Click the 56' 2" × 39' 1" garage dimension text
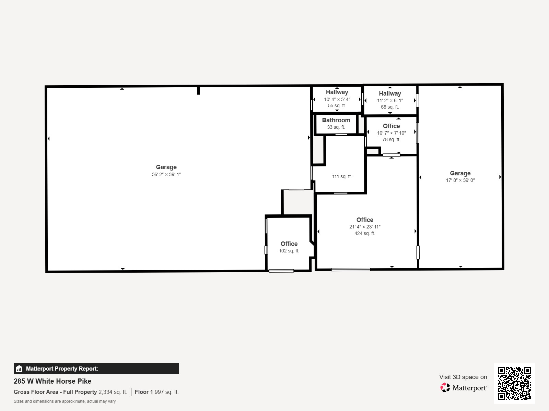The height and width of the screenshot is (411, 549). [166, 174]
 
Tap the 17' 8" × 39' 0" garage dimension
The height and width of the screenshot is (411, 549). [460, 180]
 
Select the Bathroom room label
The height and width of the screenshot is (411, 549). [336, 120]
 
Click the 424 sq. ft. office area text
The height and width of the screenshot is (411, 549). [364, 233]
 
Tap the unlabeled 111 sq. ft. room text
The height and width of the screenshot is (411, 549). [342, 176]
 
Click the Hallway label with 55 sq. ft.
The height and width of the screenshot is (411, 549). [337, 92]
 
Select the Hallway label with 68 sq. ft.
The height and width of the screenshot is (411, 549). [390, 94]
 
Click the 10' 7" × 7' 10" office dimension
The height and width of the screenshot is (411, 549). [391, 133]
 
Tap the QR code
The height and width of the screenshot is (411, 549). [514, 383]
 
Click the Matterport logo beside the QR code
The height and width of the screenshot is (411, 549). [464, 388]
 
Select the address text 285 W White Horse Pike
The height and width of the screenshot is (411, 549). [52, 381]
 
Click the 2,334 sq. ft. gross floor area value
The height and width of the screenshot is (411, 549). [113, 392]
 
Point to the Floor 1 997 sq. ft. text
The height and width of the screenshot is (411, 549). [156, 392]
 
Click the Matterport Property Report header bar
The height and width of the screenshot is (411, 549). [96, 369]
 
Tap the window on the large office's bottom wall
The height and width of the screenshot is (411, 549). [351, 270]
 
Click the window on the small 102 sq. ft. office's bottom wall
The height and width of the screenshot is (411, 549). [281, 271]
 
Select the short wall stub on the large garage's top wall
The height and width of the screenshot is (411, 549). [198, 91]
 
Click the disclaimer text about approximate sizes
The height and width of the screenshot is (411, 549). [65, 401]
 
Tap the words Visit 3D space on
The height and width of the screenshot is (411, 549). [463, 377]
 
